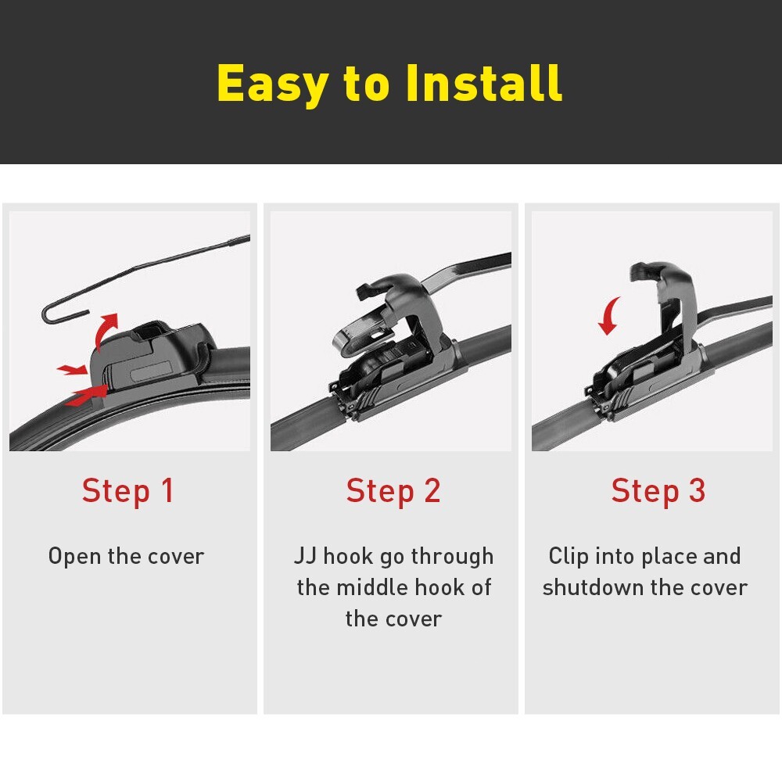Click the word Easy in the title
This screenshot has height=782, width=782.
272,84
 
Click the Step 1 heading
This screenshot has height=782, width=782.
127,491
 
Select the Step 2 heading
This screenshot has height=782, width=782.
393,491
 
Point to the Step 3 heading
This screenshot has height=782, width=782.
658,491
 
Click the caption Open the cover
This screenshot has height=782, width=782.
126,556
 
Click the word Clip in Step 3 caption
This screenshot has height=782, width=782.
569,556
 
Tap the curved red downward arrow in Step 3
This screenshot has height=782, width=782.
609,315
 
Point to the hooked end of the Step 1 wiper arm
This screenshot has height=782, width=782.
52,313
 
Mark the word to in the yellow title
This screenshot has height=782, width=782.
366,84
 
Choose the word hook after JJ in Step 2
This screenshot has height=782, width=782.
349,556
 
